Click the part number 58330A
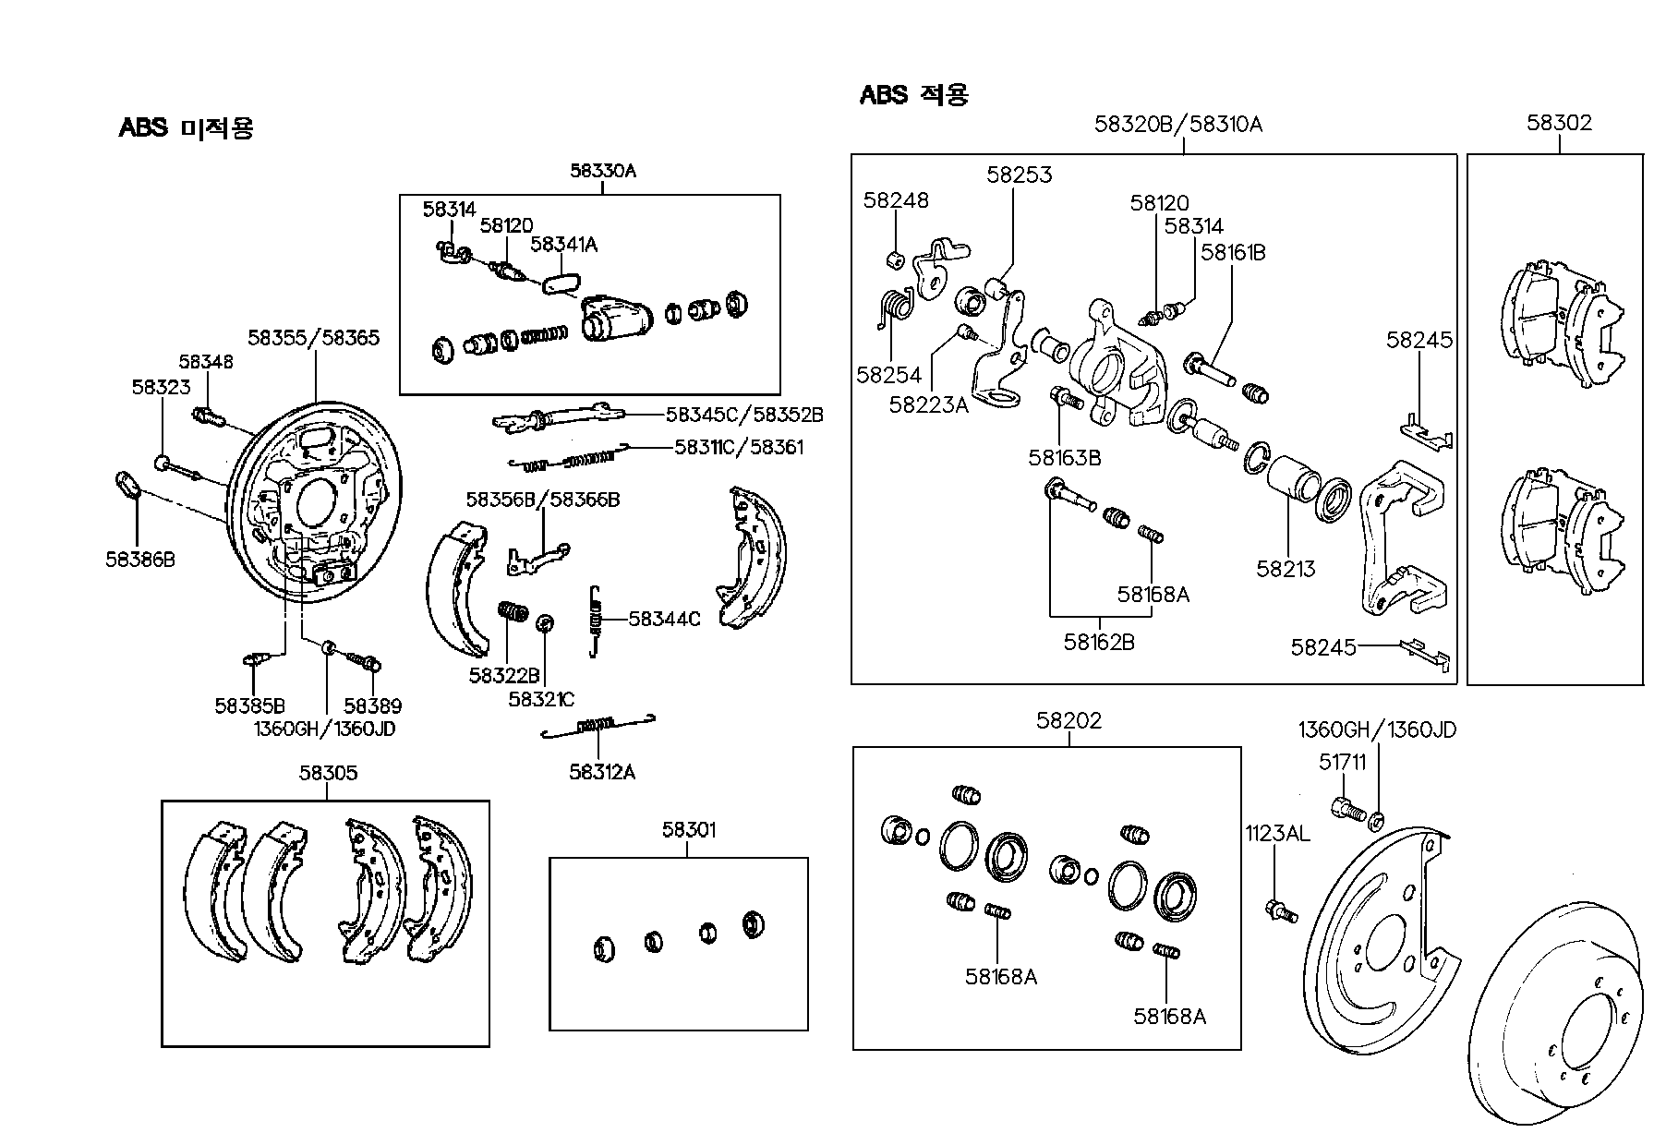[x=603, y=171]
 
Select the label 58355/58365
[x=314, y=338]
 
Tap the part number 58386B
[x=139, y=559]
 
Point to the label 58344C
[x=664, y=619]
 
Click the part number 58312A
[x=602, y=772]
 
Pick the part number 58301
[x=688, y=830]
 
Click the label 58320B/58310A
[x=1178, y=124]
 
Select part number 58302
[x=1560, y=123]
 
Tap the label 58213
[x=1286, y=569]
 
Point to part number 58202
[x=1069, y=720]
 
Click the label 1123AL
[x=1276, y=834]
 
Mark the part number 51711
[x=1343, y=764]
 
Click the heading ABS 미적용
[x=186, y=127]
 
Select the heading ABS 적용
[x=914, y=94]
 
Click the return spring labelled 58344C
[x=597, y=621]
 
